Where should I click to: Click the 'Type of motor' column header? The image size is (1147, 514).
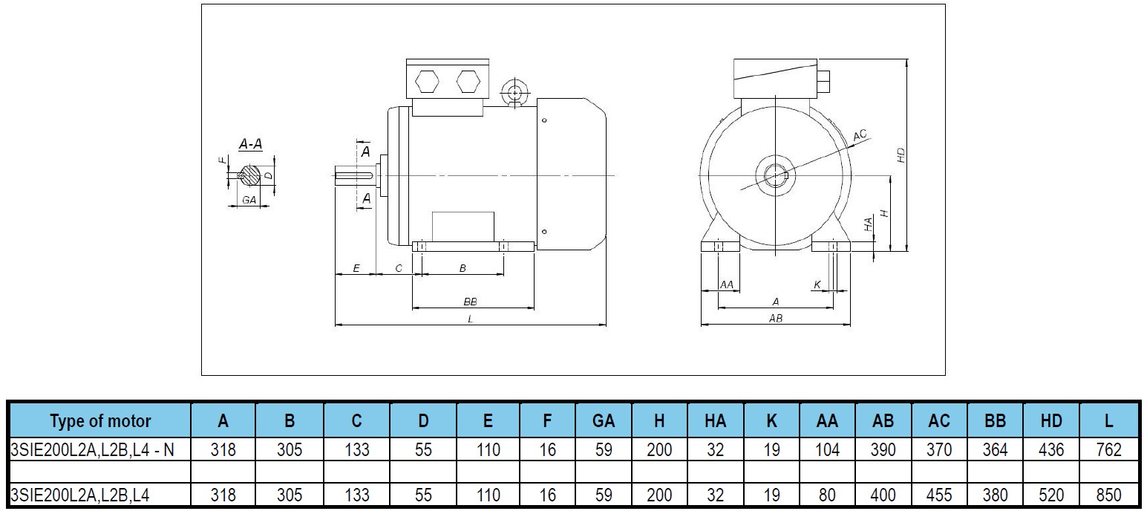pos(99,420)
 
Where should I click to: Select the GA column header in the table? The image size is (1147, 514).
pos(603,420)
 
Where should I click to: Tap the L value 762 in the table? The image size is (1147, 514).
pos(1108,449)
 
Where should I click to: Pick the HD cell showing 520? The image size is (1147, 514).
pos(1051,495)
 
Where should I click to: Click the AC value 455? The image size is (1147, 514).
pos(939,495)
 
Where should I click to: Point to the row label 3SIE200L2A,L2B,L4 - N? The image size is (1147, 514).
pos(92,449)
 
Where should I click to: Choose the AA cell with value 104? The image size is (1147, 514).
pos(827,449)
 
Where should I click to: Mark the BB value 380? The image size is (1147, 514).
pos(995,495)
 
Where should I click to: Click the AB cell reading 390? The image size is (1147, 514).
pos(883,449)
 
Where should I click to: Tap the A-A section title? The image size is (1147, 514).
pos(250,145)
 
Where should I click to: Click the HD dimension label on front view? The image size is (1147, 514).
pos(901,154)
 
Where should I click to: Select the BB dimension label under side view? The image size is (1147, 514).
pos(469,302)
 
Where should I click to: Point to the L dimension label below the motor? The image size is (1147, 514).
pos(470,319)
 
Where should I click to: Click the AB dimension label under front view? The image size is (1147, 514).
pos(775,318)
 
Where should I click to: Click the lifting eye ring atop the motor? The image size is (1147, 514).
pos(513,93)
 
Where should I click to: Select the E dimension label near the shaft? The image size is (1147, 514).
pos(356,268)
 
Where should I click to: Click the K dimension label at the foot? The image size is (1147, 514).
pos(817,284)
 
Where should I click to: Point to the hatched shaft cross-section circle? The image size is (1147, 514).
pos(252,176)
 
